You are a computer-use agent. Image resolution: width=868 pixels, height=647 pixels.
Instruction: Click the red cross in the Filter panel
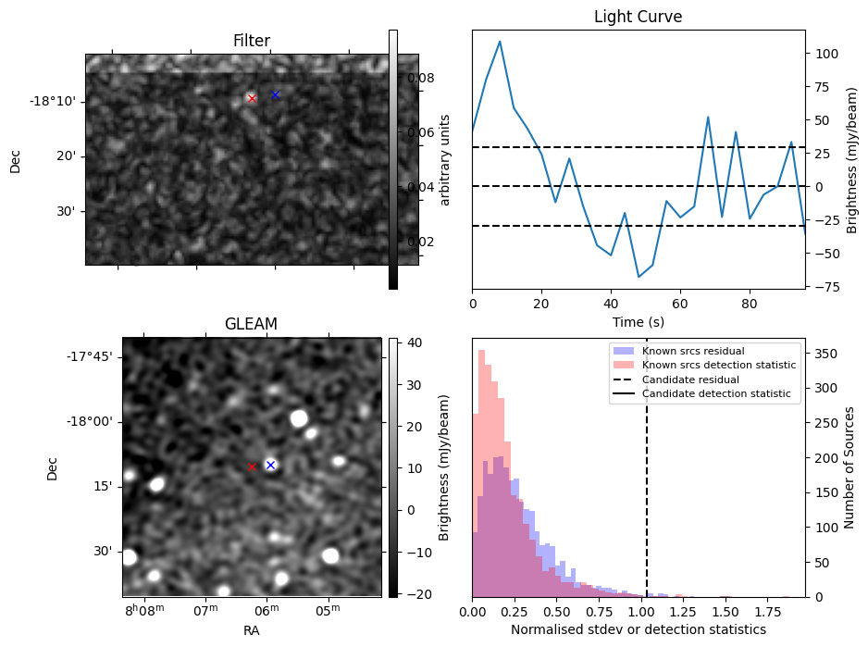pyautogui.click(x=252, y=98)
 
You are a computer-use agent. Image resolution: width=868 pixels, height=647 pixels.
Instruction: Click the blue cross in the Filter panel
pyautogui.click(x=275, y=94)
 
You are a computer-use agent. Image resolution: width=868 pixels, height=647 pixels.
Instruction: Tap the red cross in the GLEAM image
pyautogui.click(x=252, y=467)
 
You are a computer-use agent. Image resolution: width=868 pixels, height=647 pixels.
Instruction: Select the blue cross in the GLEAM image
pyautogui.click(x=270, y=465)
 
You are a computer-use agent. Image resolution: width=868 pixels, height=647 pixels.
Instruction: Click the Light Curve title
pyautogui.click(x=638, y=17)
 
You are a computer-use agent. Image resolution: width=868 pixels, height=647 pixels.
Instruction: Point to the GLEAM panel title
pyautogui.click(x=251, y=324)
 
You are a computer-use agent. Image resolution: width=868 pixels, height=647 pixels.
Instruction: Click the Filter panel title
pyautogui.click(x=251, y=41)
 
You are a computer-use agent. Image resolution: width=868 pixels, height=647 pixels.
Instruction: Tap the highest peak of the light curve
pyautogui.click(x=500, y=42)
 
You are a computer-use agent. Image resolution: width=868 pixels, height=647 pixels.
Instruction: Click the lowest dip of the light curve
pyautogui.click(x=639, y=277)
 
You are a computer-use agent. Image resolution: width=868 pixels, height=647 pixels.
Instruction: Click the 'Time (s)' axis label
pyautogui.click(x=638, y=322)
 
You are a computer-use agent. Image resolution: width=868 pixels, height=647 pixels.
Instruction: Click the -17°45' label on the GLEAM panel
pyautogui.click(x=90, y=356)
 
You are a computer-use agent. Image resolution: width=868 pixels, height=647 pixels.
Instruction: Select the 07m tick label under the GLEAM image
pyautogui.click(x=205, y=611)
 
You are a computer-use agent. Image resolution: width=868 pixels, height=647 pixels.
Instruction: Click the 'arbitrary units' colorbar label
pyautogui.click(x=445, y=159)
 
